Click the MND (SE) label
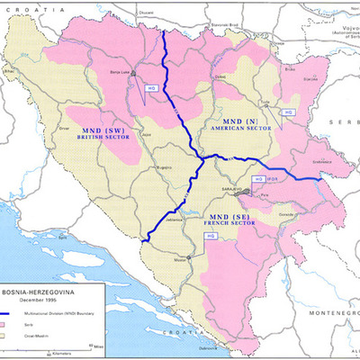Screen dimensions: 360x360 click(x=228, y=218)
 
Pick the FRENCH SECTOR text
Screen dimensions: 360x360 click(x=229, y=226)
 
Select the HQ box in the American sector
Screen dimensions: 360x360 click(x=288, y=112)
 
